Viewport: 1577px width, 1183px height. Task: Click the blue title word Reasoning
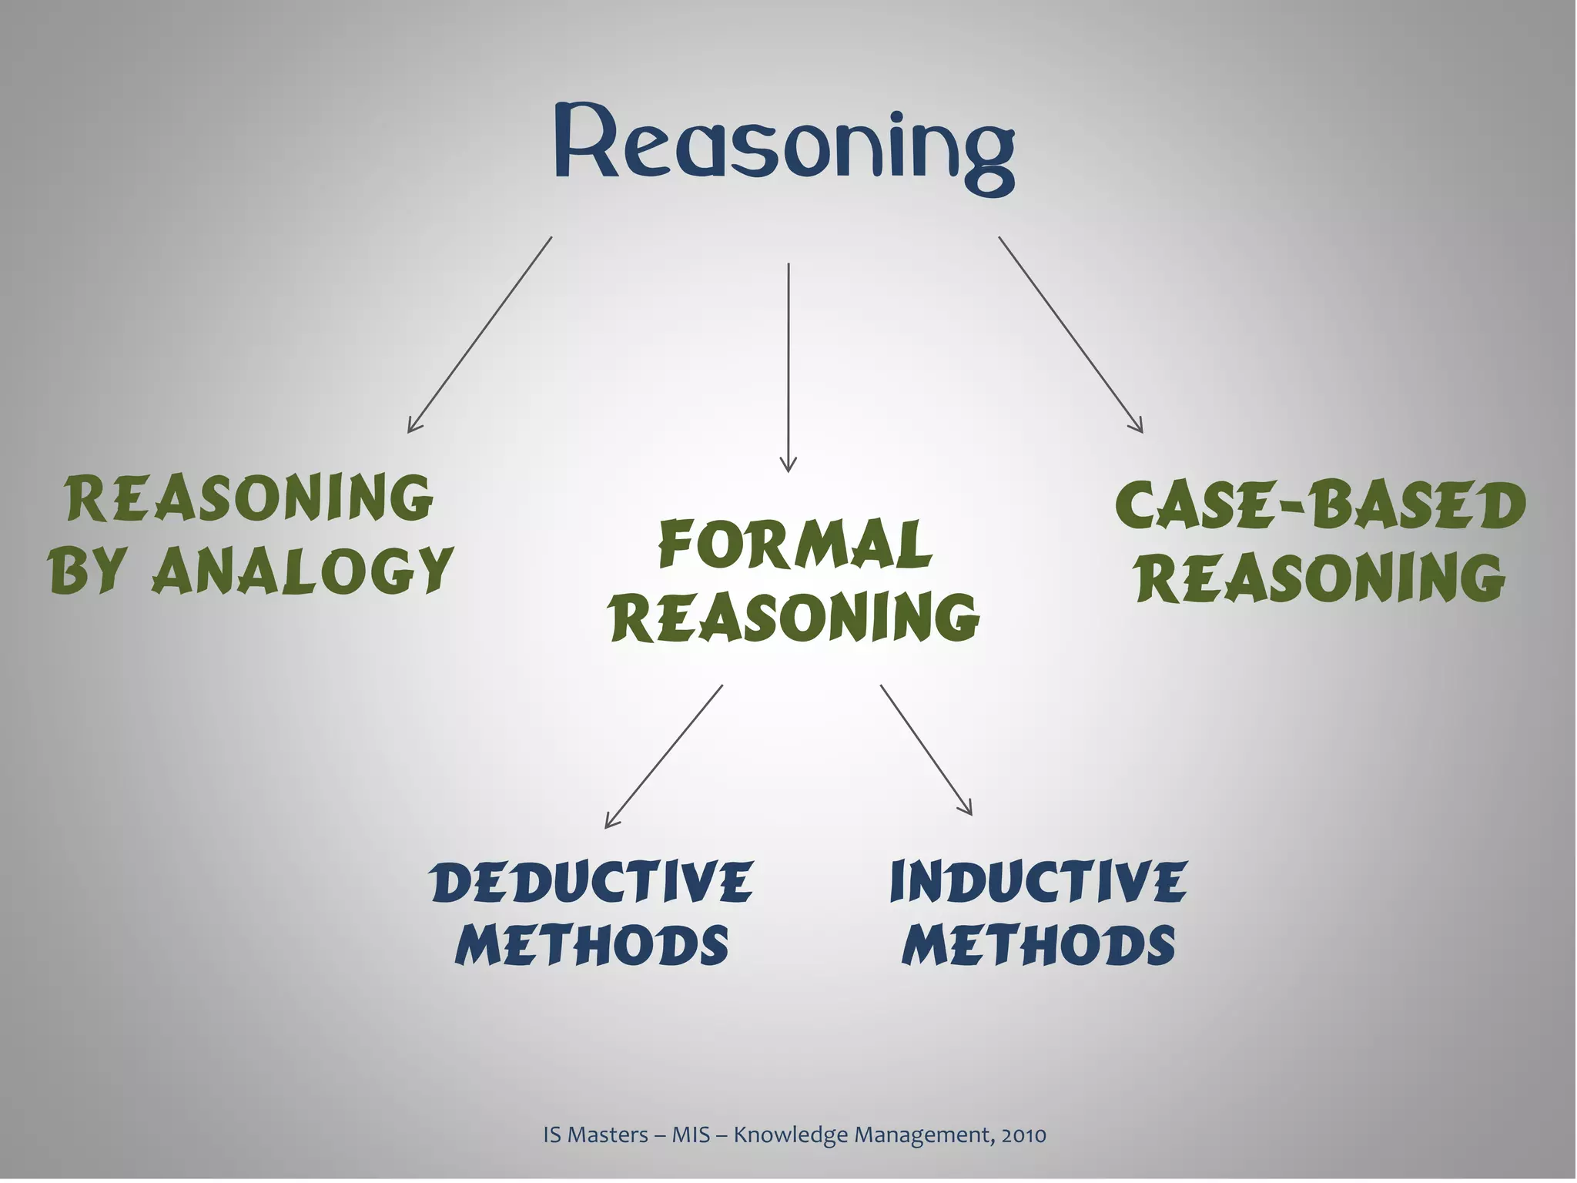(784, 146)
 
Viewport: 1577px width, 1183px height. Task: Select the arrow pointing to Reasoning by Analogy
(480, 334)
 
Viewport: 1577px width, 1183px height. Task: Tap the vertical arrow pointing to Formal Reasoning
(788, 367)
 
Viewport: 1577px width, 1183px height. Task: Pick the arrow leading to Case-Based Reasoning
(1070, 334)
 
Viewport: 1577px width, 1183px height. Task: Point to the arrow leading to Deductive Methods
(664, 756)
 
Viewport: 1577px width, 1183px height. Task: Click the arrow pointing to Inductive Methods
(926, 749)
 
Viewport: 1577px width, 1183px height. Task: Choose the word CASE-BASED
(1320, 507)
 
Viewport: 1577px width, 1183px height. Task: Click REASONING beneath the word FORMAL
(795, 618)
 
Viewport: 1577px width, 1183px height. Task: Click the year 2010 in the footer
(1024, 1134)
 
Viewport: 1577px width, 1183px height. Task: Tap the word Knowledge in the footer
(772, 1134)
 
